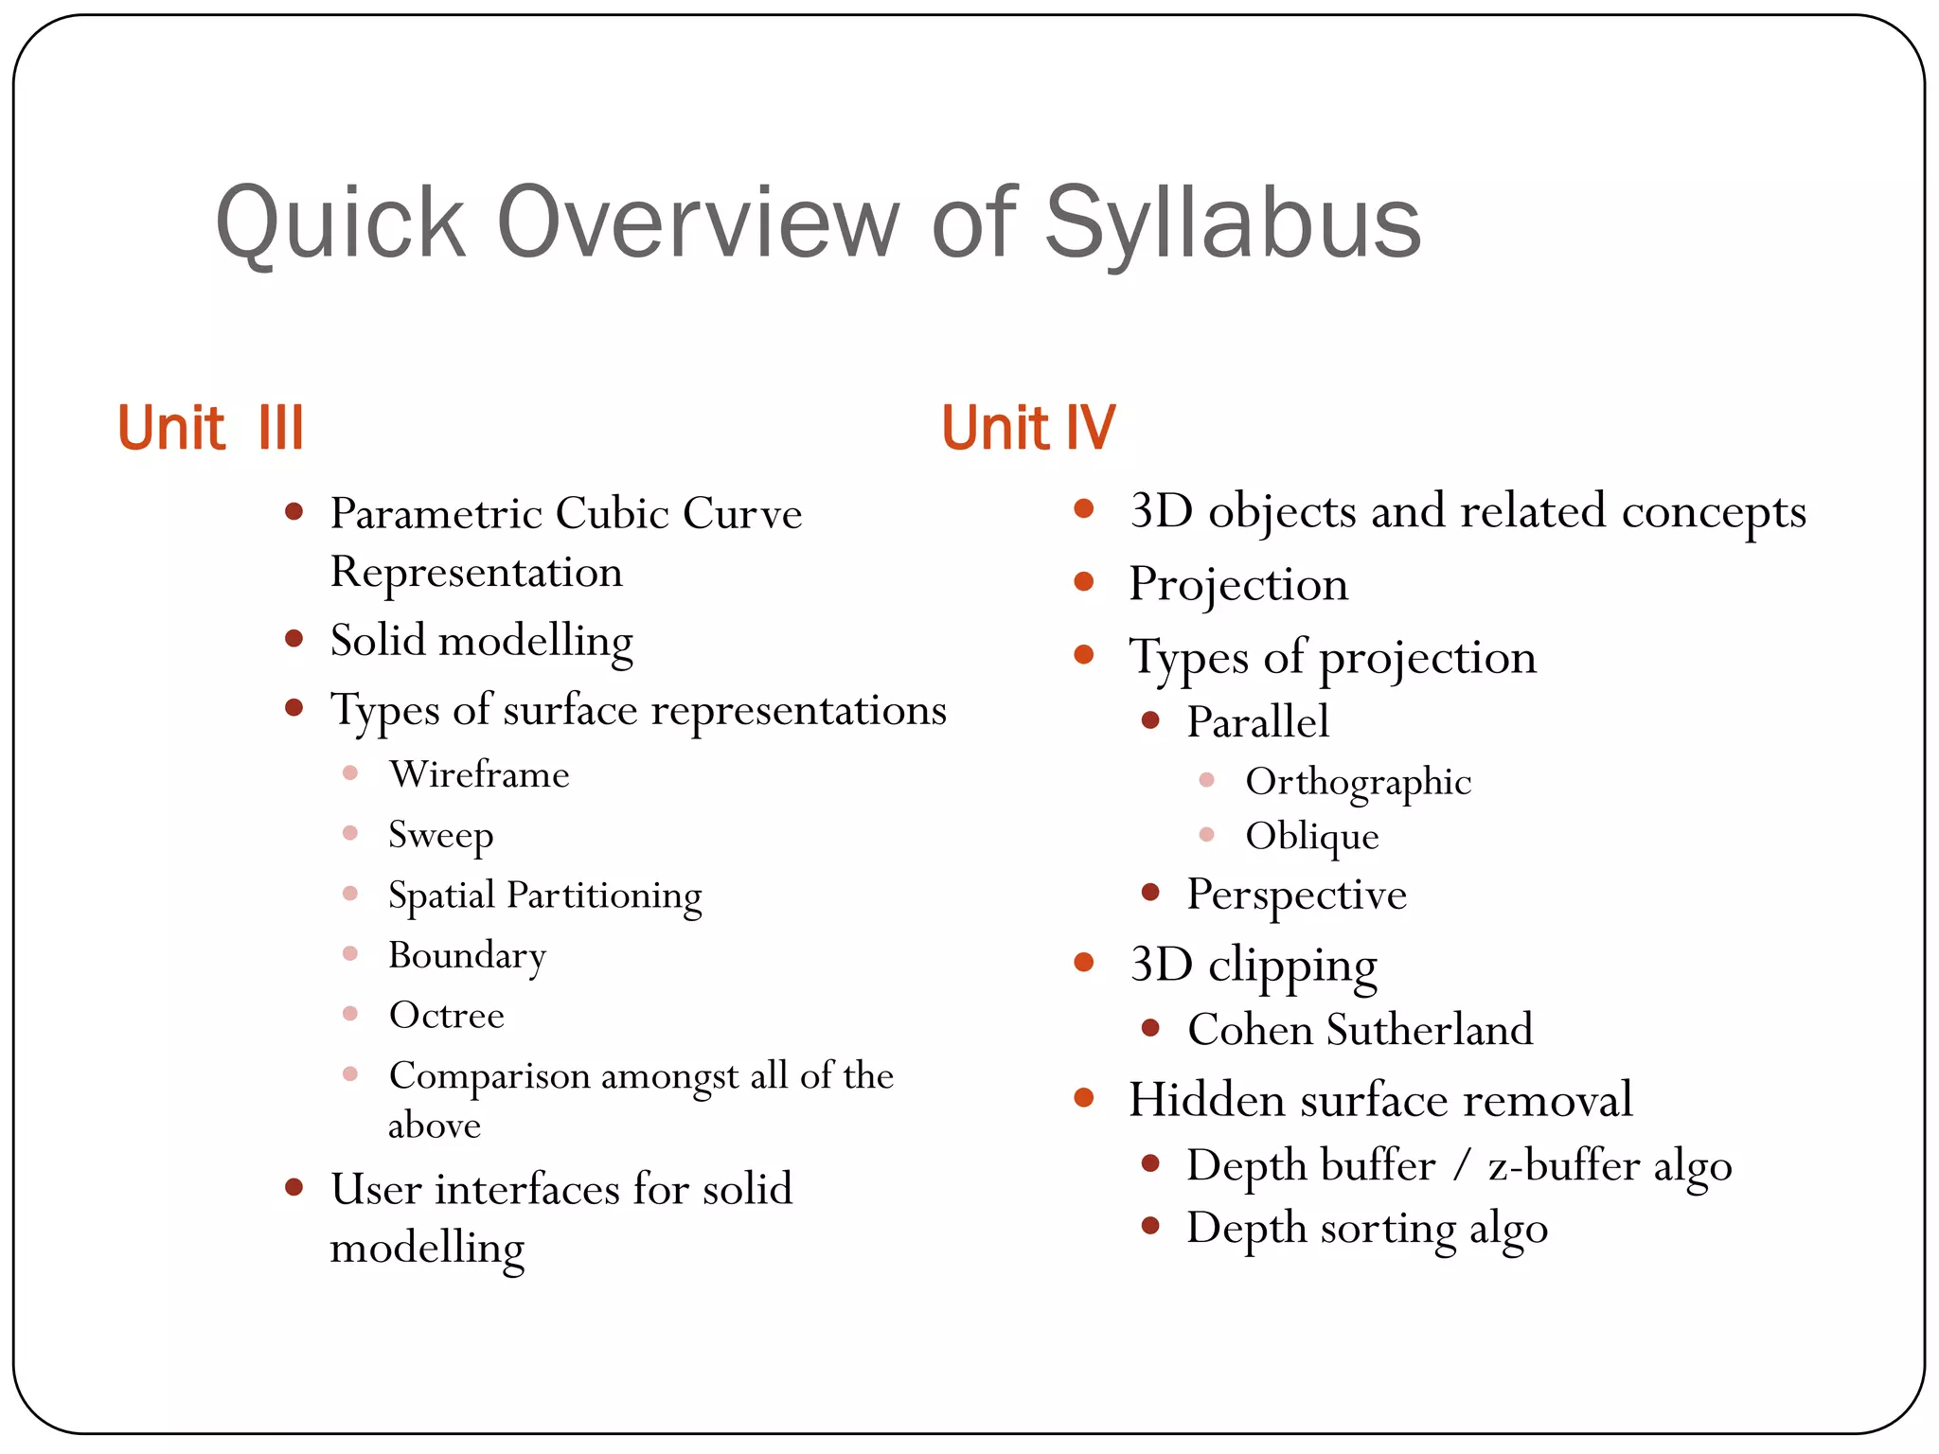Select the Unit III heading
click(210, 428)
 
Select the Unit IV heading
click(1028, 428)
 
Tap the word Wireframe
click(479, 774)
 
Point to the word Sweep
click(440, 835)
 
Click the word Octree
click(446, 1015)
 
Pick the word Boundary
click(467, 955)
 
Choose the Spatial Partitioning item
click(544, 895)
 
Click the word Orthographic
click(1358, 782)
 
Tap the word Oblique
click(1311, 836)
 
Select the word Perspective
click(1296, 895)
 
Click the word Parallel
click(1257, 722)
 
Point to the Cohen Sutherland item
click(1360, 1029)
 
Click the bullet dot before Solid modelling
click(294, 639)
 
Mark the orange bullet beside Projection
click(1084, 581)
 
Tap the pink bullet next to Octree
click(350, 1014)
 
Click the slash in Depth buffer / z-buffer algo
click(1463, 1165)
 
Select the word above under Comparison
click(435, 1126)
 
